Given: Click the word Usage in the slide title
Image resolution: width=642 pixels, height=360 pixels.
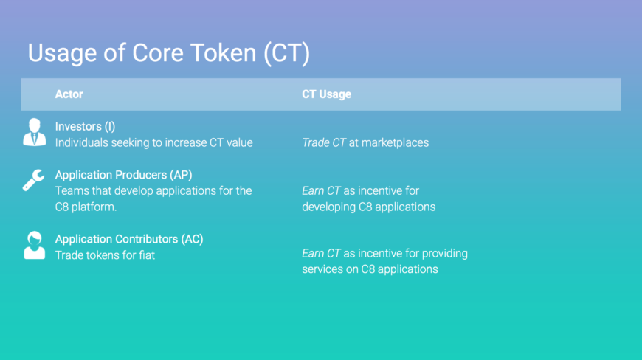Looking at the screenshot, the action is (x=62, y=54).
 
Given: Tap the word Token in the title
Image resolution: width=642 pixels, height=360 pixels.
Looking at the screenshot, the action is (x=223, y=53).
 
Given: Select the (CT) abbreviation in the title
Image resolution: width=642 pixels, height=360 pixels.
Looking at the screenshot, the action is (x=286, y=54).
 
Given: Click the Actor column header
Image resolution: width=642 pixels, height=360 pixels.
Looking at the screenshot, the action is (x=69, y=94).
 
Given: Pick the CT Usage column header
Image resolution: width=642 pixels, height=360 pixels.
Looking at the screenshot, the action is (x=326, y=94).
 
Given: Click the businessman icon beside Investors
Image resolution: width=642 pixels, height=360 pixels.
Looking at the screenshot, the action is (x=35, y=132).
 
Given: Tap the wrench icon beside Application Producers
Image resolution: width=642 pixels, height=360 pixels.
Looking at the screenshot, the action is (x=33, y=180).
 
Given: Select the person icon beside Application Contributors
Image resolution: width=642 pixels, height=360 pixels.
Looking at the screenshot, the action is (x=35, y=245).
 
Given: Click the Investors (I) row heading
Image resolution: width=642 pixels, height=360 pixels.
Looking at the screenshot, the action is (x=85, y=126).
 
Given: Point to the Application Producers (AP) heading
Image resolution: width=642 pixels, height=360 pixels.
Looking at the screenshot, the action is (x=124, y=175).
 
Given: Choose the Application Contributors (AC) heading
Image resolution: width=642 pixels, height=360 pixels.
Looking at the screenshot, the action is (x=129, y=239).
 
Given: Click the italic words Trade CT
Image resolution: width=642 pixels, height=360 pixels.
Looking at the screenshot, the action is (x=324, y=142).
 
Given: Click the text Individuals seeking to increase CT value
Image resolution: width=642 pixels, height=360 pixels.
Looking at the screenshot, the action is (x=154, y=143).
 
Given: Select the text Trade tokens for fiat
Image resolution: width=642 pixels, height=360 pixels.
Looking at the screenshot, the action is (x=105, y=255).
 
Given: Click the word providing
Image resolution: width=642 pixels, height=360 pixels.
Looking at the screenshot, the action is (x=445, y=254).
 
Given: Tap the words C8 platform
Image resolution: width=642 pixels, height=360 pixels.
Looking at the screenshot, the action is (x=86, y=207).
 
